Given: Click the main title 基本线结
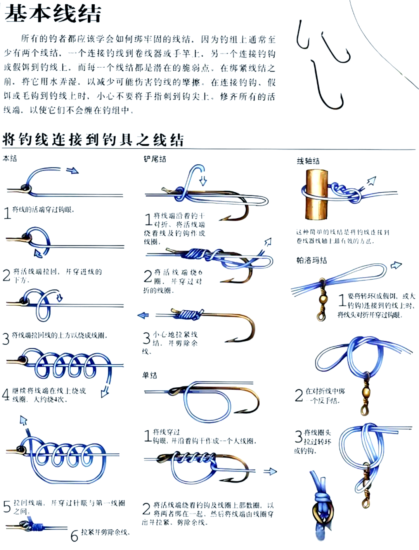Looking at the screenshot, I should [x=53, y=14].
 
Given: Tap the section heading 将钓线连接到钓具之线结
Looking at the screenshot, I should [x=93, y=139].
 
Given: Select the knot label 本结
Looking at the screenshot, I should [x=10, y=158].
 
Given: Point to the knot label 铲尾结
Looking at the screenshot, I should [x=155, y=159].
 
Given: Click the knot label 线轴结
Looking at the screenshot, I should [x=308, y=161].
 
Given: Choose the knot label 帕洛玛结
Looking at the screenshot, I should [x=312, y=260].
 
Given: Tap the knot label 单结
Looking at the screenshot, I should [x=150, y=375].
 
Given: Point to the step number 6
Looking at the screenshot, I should [x=74, y=536].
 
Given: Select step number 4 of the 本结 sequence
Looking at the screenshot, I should [x=5, y=395].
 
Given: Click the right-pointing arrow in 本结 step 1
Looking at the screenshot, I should [x=72, y=171].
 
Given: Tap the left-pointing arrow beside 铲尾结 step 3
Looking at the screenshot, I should [x=143, y=315].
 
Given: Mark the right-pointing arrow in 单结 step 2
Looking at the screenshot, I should [x=270, y=472].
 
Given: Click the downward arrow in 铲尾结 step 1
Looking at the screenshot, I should [x=203, y=181].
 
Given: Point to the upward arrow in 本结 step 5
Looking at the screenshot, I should [x=24, y=421].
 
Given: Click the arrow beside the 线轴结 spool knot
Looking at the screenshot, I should [x=371, y=181].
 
